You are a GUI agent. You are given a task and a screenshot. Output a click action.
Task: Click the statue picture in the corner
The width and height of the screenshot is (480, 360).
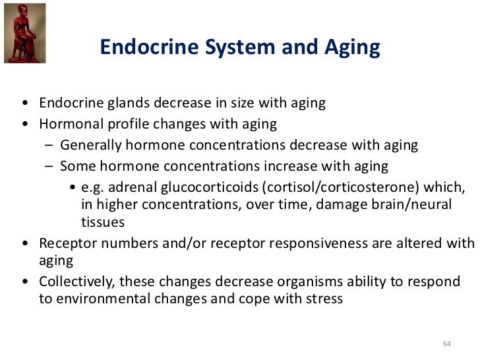(x=24, y=32)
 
